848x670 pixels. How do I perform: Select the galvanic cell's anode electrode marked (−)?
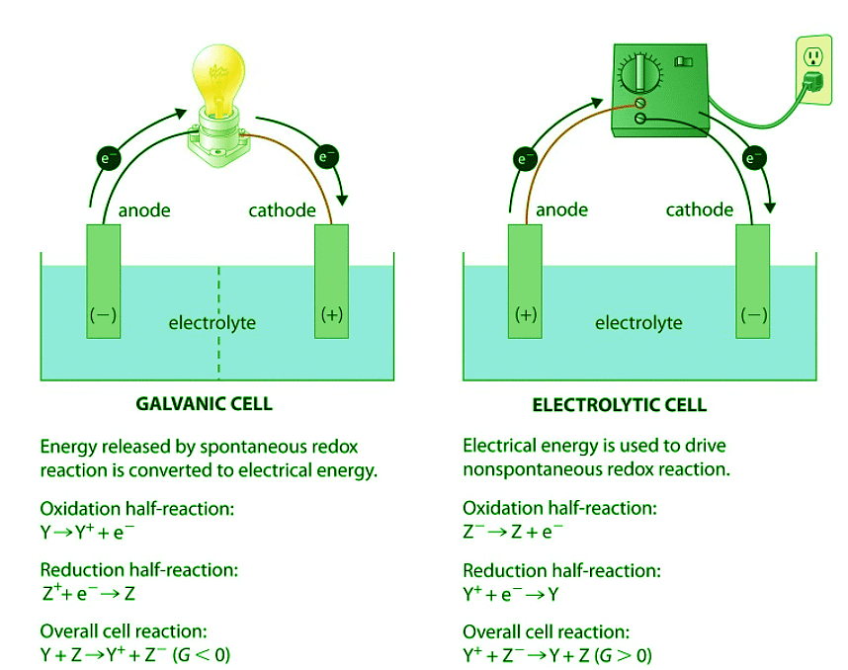tap(103, 282)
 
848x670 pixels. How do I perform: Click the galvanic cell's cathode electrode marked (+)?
tap(332, 282)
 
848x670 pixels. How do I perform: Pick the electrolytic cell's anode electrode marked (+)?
tap(526, 282)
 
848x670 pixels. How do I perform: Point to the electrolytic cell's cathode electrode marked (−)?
tap(753, 282)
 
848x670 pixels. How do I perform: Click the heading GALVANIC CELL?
tap(204, 404)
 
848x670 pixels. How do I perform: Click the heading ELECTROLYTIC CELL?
tap(620, 405)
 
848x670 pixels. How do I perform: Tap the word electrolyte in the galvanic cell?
tap(212, 322)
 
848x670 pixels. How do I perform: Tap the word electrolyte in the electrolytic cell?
tap(638, 322)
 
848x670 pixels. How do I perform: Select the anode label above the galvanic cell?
tap(144, 209)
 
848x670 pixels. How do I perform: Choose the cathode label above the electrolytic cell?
tap(700, 209)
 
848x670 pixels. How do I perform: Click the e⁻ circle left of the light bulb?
tap(106, 156)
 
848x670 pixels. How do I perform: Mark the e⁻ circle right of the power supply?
tap(755, 156)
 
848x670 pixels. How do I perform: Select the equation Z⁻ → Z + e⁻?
tap(513, 532)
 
